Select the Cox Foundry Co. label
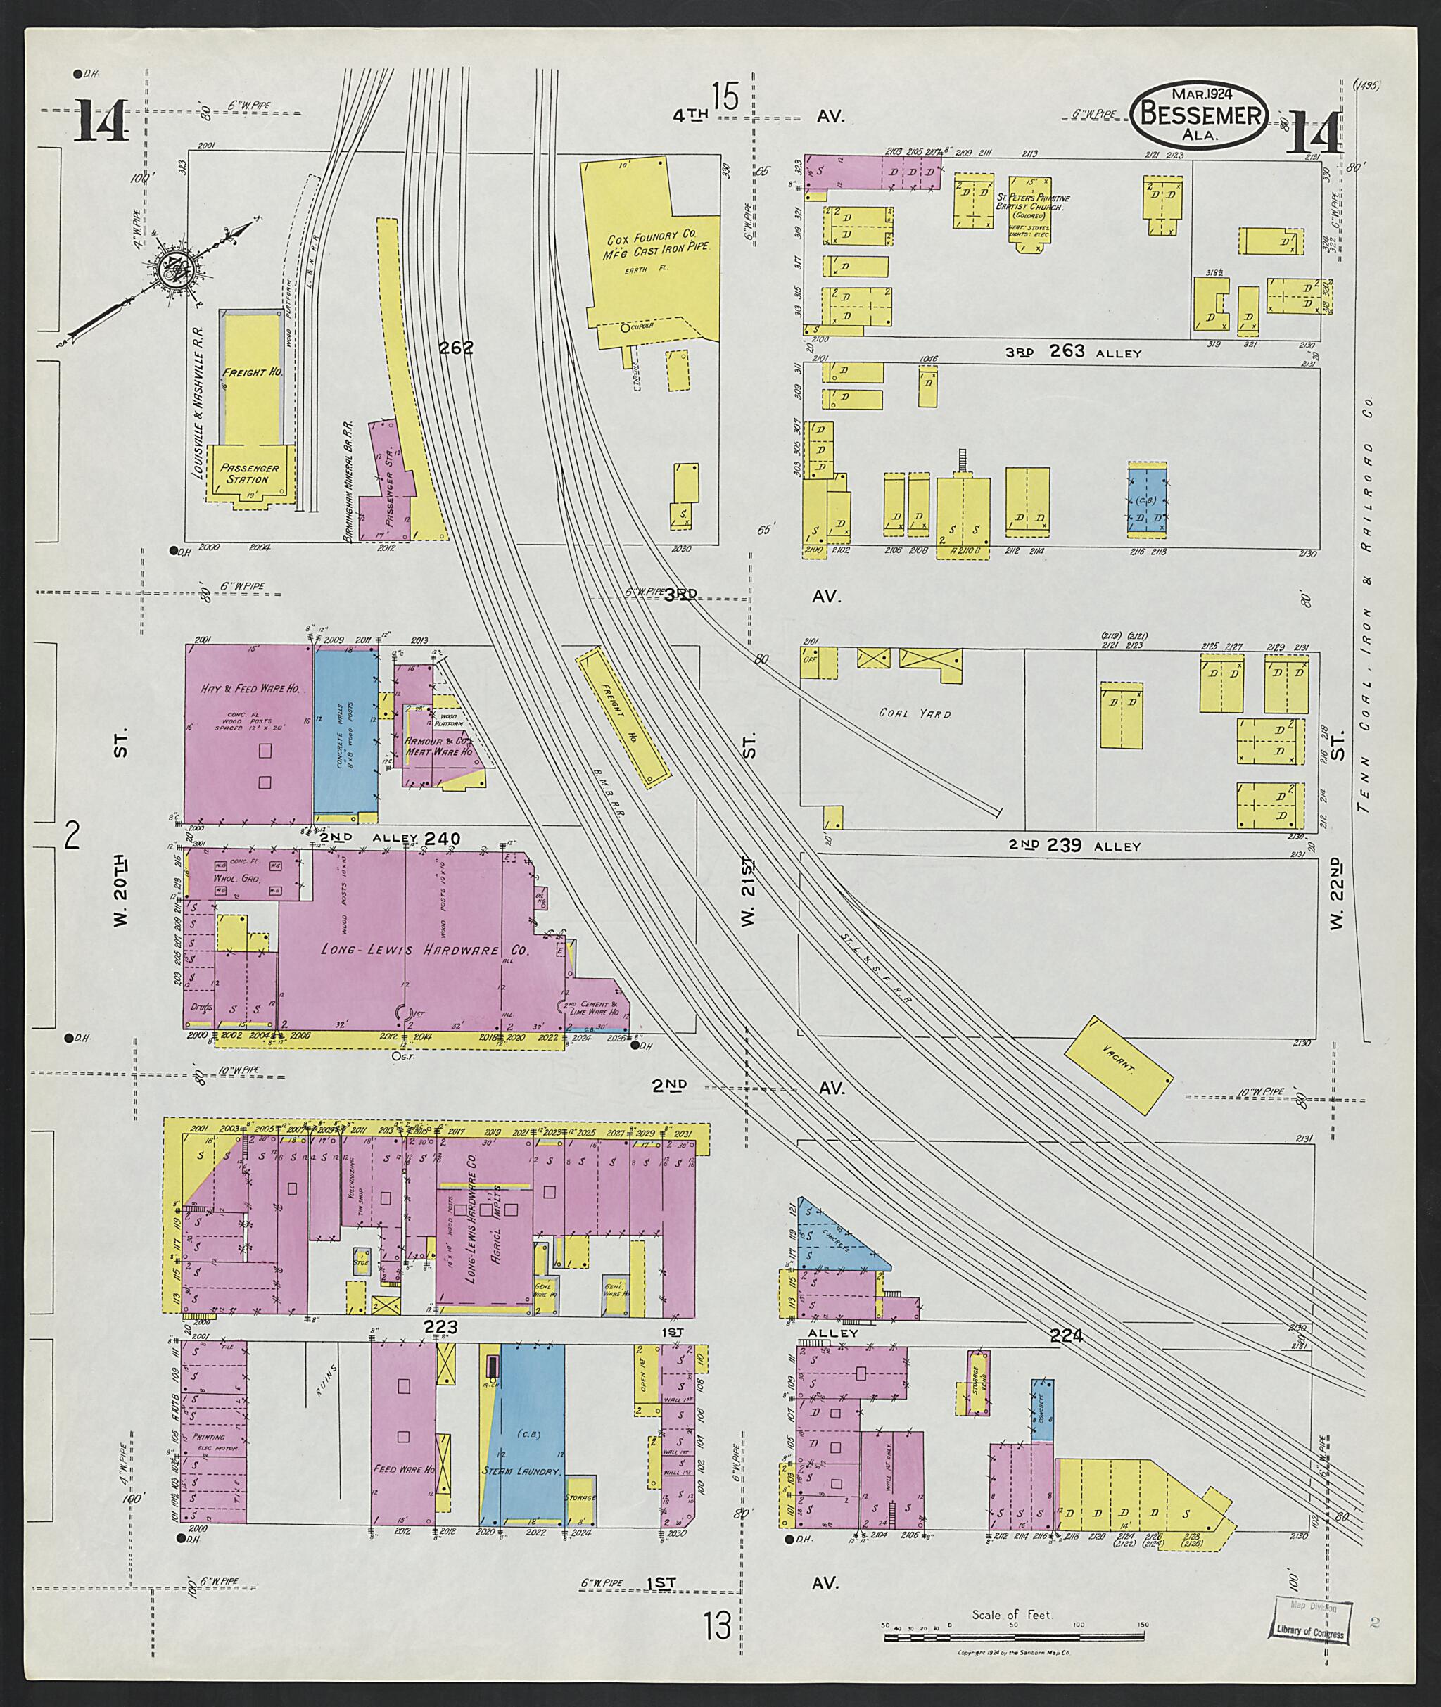[661, 243]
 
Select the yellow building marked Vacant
[1118, 1064]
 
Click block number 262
[456, 348]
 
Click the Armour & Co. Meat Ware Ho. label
[440, 746]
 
